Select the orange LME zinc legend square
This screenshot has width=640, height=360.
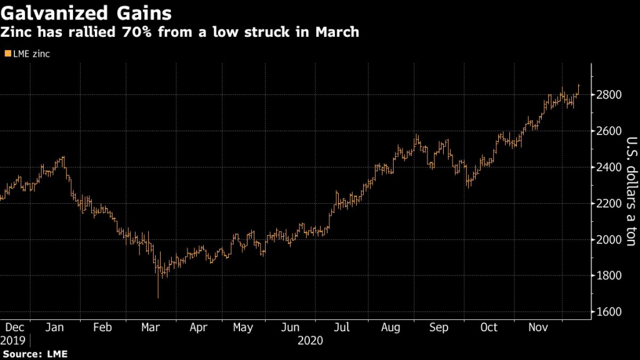(x=7, y=54)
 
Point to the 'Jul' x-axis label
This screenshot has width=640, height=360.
(x=341, y=327)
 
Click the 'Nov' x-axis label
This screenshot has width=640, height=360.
(x=535, y=327)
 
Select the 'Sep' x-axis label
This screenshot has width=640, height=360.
(x=440, y=327)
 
